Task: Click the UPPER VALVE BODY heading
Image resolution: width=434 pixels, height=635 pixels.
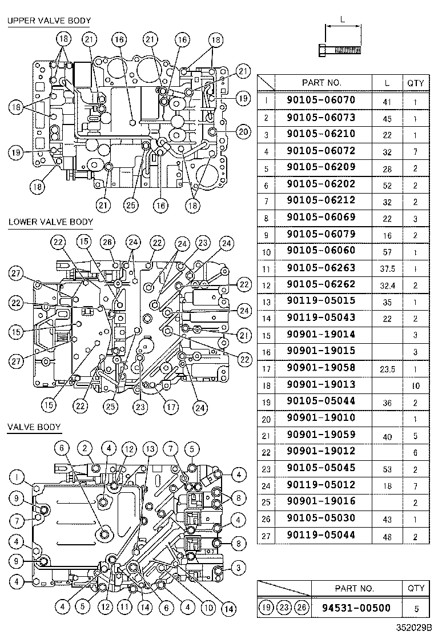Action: (x=49, y=21)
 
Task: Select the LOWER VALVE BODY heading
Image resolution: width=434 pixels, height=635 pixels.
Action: (x=50, y=222)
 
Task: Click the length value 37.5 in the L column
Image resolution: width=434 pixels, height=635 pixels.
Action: (x=387, y=268)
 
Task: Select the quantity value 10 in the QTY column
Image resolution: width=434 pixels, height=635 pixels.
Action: (x=415, y=385)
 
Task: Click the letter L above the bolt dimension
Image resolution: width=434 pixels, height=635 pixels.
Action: (x=343, y=19)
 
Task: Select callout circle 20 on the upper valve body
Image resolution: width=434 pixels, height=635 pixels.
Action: (x=243, y=132)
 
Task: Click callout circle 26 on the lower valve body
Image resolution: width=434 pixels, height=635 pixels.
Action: (x=107, y=242)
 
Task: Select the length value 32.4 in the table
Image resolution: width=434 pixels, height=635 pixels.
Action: (x=387, y=284)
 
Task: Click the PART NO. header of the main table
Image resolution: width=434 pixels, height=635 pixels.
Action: (x=322, y=83)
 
